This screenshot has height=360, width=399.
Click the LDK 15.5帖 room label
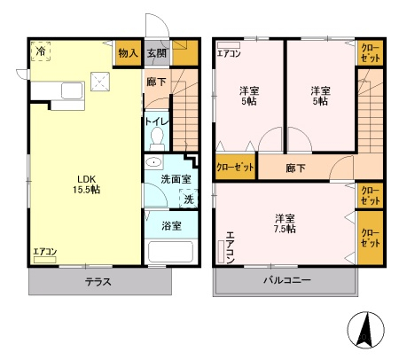pos(86,184)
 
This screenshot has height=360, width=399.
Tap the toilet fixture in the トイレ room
pos(157,139)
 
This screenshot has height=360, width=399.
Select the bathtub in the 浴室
pos(170,252)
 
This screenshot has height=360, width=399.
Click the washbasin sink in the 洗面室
pos(153,162)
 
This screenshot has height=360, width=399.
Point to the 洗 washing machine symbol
pos(188,199)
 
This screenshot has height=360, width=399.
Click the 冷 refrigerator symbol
pos(41,51)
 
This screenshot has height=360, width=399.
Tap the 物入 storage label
pos(128,53)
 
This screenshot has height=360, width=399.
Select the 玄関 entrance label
pos(157,53)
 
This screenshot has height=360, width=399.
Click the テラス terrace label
pos(98,281)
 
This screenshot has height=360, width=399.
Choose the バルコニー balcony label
pos(287,280)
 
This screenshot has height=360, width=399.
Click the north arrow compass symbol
pos(366,330)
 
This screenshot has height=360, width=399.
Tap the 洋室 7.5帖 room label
pos(285,223)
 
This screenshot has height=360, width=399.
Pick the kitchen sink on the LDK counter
pos(72,90)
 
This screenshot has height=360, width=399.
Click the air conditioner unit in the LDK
pos(45,260)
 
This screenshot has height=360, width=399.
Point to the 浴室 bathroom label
pos(171,226)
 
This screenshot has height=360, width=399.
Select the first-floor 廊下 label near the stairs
pos(157,82)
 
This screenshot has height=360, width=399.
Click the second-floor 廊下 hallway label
pos(295,168)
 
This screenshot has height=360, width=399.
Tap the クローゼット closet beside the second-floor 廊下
pos(235,167)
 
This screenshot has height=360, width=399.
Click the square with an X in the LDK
pos(100,82)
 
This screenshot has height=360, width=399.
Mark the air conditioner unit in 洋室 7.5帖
pos(221,252)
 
